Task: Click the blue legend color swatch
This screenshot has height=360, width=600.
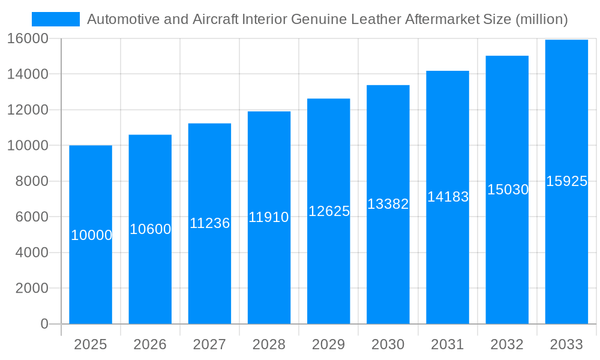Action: pyautogui.click(x=55, y=19)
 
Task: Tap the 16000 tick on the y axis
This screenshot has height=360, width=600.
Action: pyautogui.click(x=28, y=38)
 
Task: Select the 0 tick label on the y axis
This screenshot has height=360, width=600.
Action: pyautogui.click(x=44, y=324)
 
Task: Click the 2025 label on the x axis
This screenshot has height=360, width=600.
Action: pyautogui.click(x=90, y=344)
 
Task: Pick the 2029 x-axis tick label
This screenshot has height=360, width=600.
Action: pyautogui.click(x=328, y=344)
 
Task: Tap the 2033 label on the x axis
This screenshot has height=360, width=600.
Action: pyautogui.click(x=566, y=344)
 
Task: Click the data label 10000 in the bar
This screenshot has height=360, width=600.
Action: pyautogui.click(x=91, y=235)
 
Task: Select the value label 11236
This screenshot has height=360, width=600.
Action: pyautogui.click(x=209, y=223)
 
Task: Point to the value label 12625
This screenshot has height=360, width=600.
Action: pyautogui.click(x=329, y=211)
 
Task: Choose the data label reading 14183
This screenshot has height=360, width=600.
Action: pyautogui.click(x=448, y=197)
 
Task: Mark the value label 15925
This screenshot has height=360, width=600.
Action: pyautogui.click(x=566, y=181)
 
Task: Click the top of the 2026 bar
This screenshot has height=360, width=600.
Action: pyautogui.click(x=150, y=136)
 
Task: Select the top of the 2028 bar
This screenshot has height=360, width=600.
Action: pyautogui.click(x=269, y=112)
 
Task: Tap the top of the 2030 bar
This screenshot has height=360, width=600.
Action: pyautogui.click(x=388, y=86)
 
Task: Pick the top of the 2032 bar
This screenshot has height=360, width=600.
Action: pyautogui.click(x=507, y=56)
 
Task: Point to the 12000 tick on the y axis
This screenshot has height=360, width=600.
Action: pyautogui.click(x=28, y=110)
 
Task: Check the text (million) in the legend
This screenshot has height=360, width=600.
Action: pyautogui.click(x=541, y=19)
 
